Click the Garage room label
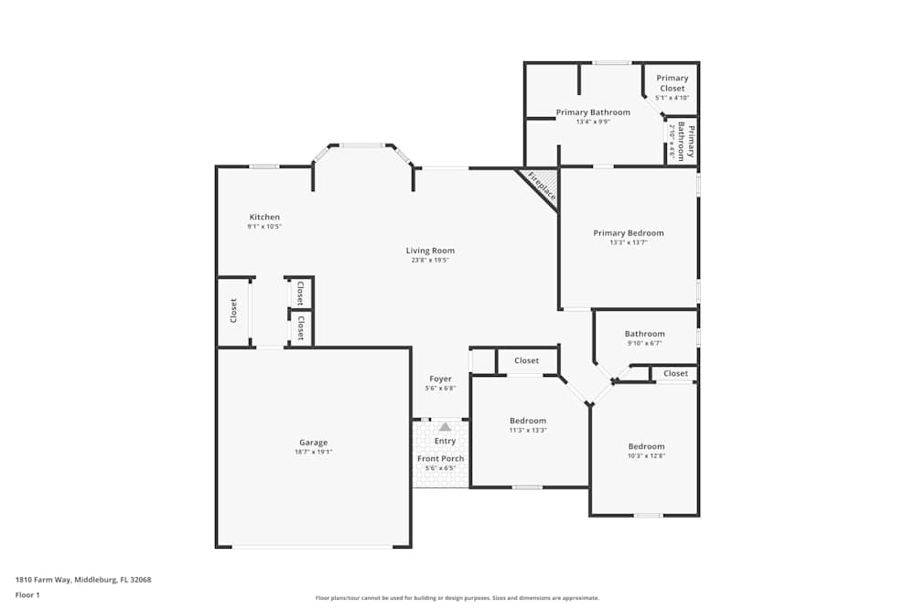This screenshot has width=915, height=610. click(x=313, y=443)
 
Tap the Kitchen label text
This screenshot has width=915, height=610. click(x=264, y=217)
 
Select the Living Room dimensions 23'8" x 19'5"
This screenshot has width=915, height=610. click(x=430, y=261)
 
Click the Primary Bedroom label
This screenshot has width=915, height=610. click(x=628, y=233)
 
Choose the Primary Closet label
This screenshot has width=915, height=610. click(x=672, y=83)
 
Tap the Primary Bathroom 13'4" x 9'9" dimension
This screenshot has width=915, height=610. click(x=593, y=122)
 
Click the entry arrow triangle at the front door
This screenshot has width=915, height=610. click(x=445, y=427)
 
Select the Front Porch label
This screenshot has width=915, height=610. click(x=440, y=458)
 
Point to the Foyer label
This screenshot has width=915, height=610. click(x=440, y=379)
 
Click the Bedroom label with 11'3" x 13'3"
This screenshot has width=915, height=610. click(x=528, y=421)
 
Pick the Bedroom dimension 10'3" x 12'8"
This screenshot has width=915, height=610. click(x=646, y=456)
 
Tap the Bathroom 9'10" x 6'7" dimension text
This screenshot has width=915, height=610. click(x=645, y=344)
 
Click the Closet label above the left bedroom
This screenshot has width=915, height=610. click(x=526, y=360)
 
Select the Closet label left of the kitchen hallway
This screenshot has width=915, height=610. click(x=233, y=311)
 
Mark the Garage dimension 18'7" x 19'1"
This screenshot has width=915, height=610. click(x=313, y=452)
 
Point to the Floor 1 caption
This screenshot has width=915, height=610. click(x=27, y=594)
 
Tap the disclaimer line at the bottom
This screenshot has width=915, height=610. click(x=458, y=598)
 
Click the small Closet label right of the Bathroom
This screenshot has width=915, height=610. click(x=675, y=373)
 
